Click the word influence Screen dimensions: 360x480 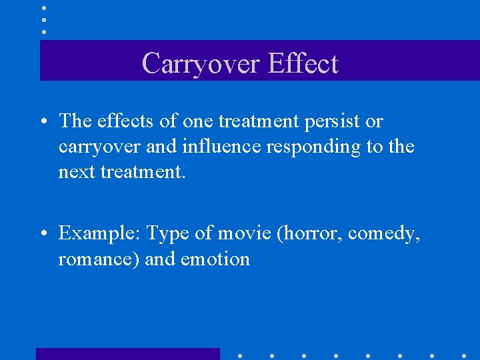click(221, 146)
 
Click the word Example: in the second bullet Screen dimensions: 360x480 click(99, 233)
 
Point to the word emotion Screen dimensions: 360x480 click(215, 259)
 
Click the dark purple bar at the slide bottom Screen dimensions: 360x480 click(127, 354)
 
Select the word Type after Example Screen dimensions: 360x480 click(167, 233)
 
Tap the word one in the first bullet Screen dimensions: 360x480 click(197, 121)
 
